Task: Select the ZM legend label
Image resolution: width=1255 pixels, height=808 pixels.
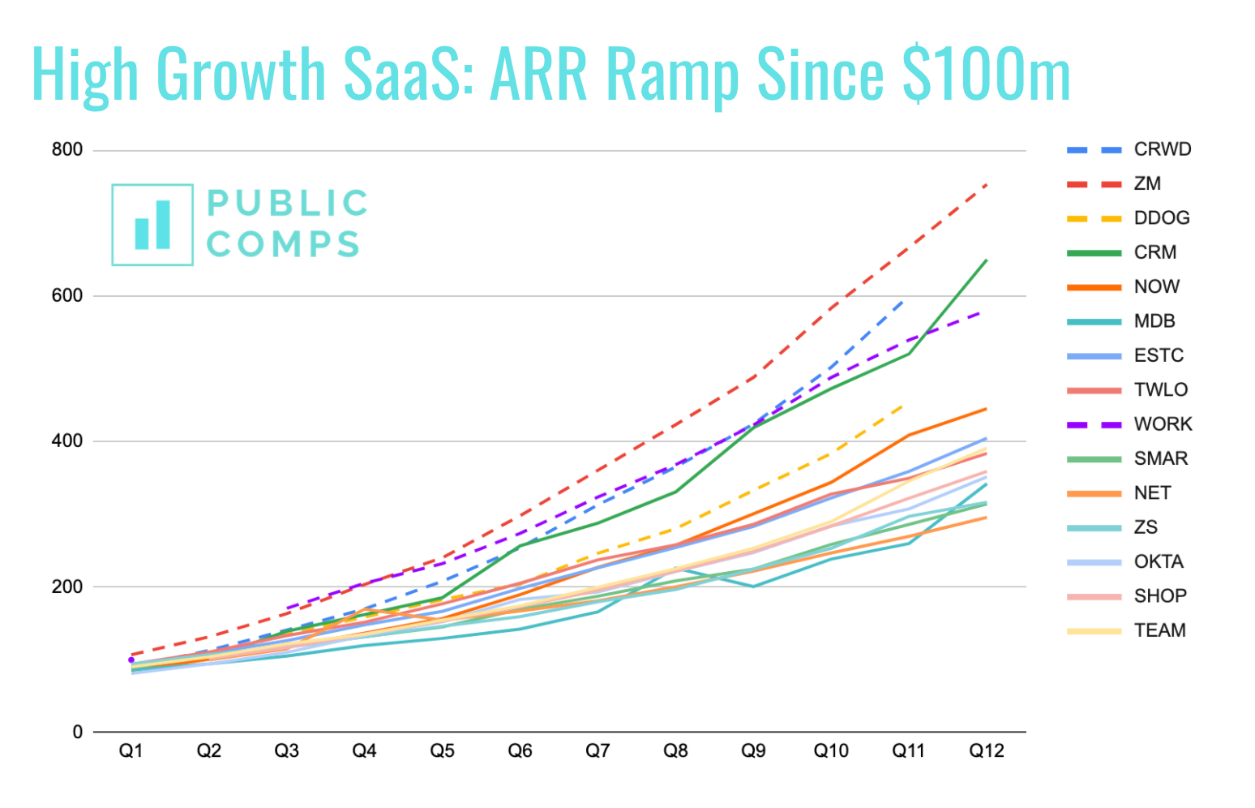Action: pos(1147,183)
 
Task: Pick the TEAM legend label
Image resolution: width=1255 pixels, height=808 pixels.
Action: pos(1159,630)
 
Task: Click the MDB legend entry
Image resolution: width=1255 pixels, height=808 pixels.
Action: pos(1154,320)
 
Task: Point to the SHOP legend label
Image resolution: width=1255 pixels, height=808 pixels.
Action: pos(1160,595)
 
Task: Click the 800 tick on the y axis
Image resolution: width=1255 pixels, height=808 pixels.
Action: pos(67,150)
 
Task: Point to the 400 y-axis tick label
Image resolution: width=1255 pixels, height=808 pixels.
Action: pos(67,441)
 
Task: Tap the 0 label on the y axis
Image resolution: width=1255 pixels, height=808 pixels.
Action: pos(78,732)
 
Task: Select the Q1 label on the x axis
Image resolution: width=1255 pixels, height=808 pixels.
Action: pos(131,751)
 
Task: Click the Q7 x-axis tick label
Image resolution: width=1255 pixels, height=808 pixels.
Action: pos(598,751)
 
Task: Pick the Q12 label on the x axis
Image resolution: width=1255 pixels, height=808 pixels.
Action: pos(987,751)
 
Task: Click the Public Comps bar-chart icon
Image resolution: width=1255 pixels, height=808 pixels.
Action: pos(152,225)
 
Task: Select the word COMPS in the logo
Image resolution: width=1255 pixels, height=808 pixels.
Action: pos(283,244)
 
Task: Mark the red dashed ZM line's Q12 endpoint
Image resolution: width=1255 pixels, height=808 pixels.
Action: pos(987,185)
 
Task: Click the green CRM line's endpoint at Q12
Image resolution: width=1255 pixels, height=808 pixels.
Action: pos(987,260)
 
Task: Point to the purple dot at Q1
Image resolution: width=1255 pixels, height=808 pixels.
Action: pos(131,660)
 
